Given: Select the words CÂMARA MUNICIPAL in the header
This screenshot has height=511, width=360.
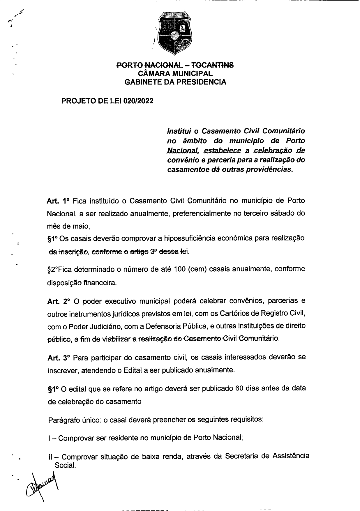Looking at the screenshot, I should (x=175, y=74).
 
